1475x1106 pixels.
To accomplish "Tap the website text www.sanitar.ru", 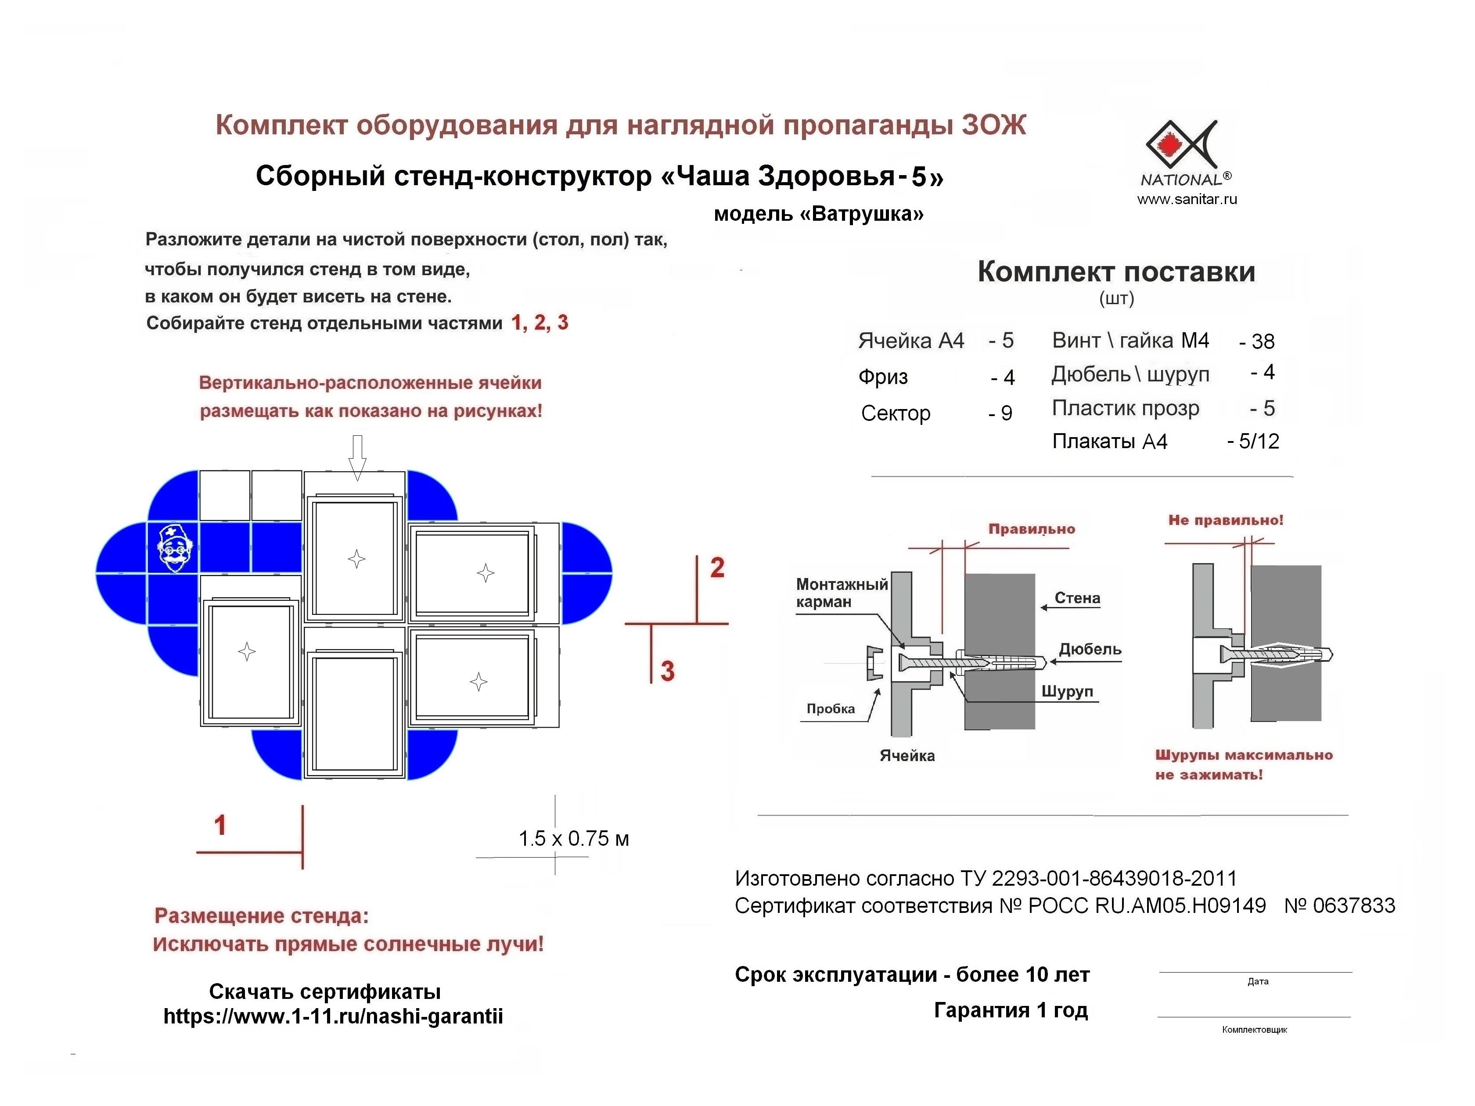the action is pyautogui.click(x=1187, y=199).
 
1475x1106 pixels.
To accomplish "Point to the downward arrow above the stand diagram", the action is pyautogui.click(x=357, y=457).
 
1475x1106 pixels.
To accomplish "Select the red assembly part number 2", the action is pyautogui.click(x=717, y=567).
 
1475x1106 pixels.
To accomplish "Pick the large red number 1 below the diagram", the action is pyautogui.click(x=220, y=826).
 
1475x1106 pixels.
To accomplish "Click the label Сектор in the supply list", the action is pyautogui.click(x=896, y=413).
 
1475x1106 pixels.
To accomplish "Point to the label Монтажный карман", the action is pyautogui.click(x=842, y=592).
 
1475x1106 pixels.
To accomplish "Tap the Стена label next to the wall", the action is pyautogui.click(x=1077, y=598).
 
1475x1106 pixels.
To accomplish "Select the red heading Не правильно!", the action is pyautogui.click(x=1226, y=520).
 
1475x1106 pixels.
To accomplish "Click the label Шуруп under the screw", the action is pyautogui.click(x=1067, y=691).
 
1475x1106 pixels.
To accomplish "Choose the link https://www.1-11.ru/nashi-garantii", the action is pyautogui.click(x=333, y=1016).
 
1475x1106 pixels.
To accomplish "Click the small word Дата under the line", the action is pyautogui.click(x=1258, y=981).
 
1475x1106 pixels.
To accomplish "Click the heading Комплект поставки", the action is pyautogui.click(x=1116, y=272).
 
